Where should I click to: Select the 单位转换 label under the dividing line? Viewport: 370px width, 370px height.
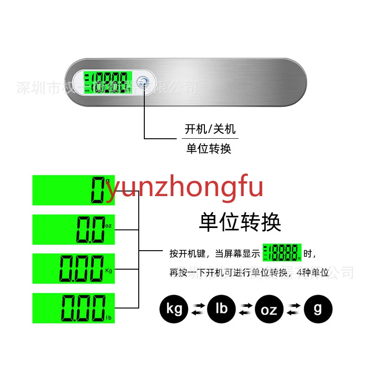209,148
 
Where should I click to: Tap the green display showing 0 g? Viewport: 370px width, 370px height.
73,190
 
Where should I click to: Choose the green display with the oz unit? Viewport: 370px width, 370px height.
73,229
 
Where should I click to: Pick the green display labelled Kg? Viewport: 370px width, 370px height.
73,269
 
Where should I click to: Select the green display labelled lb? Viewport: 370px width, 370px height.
73,308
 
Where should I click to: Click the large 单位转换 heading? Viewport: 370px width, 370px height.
240,222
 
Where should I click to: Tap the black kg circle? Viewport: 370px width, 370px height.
174,308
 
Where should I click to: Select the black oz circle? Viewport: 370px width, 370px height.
270,308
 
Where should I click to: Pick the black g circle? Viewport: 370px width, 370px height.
317,308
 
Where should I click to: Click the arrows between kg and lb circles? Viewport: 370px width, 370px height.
198,308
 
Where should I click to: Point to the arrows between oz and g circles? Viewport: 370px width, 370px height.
293,308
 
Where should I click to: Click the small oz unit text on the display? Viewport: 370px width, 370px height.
109,226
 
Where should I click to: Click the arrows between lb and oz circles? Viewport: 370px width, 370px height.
246,308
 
